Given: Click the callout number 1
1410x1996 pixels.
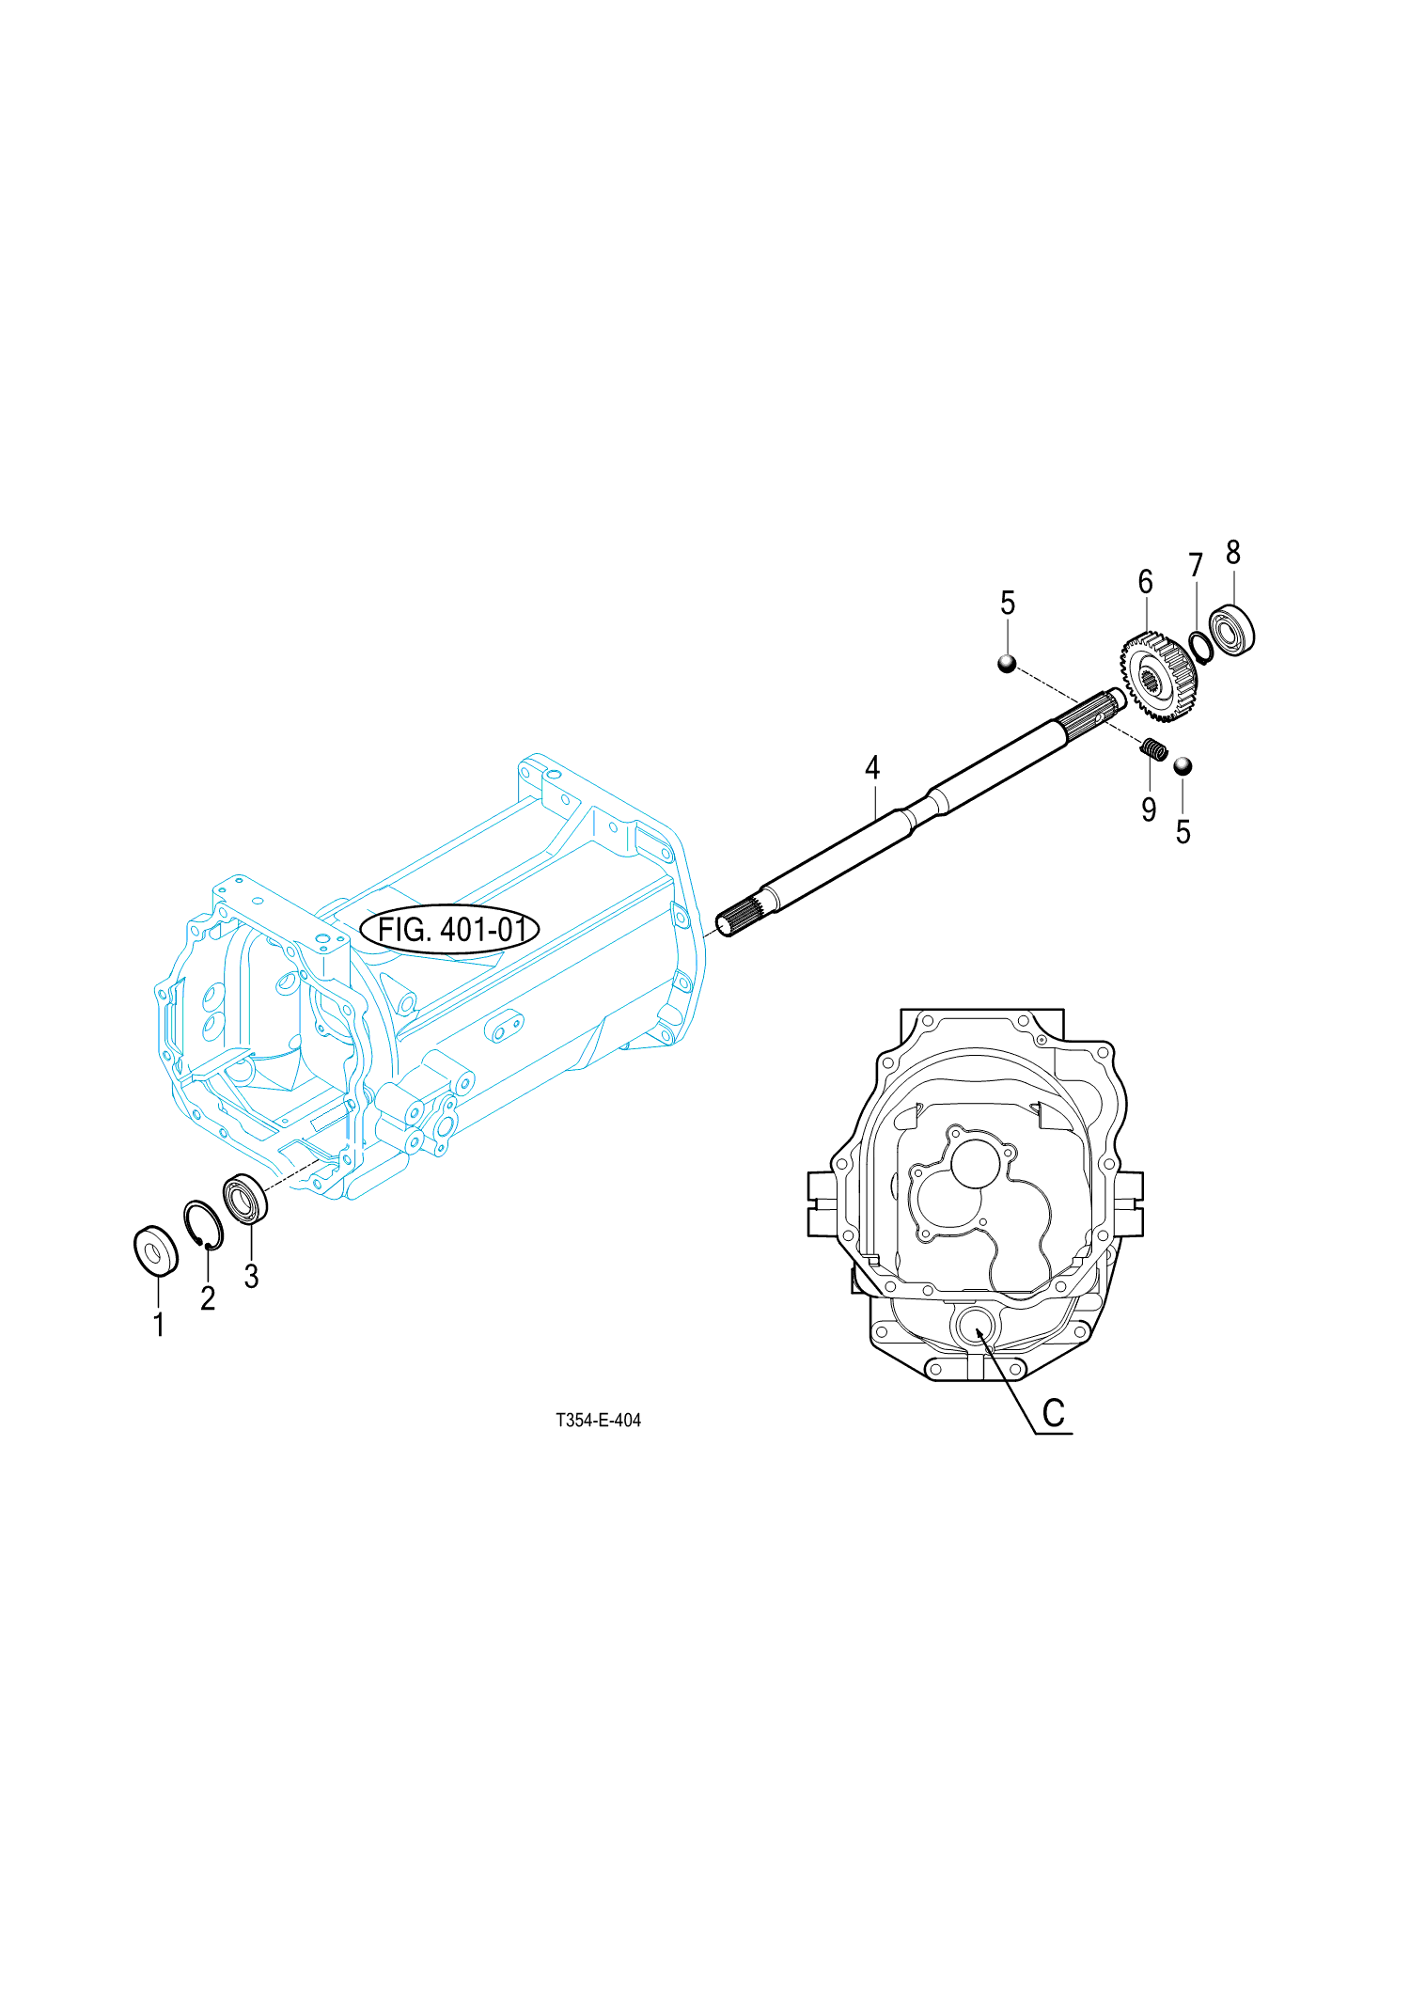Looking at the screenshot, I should point(159,1325).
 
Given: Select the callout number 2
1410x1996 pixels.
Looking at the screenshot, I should point(208,1298).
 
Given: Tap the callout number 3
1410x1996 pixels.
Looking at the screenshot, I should point(251,1276).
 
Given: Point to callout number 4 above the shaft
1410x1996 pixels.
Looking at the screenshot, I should point(872,768).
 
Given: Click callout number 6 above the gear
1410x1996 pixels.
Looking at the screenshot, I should point(1145,582).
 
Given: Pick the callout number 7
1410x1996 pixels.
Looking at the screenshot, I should point(1196,565).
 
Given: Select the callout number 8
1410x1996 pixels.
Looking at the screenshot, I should point(1233,552).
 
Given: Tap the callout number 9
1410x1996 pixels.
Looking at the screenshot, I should point(1149,809).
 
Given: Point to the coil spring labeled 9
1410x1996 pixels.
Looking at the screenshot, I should point(1154,749).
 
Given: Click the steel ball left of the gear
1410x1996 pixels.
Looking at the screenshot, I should point(1007,664).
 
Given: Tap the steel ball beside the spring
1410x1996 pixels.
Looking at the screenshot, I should point(1183,766).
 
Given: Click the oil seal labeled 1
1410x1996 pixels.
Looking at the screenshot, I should point(156,1251).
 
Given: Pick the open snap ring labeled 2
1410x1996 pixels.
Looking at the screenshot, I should point(203,1225).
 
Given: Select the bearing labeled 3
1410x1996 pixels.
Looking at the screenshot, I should point(246,1200).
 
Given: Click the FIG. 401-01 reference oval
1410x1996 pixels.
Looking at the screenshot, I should point(449,930).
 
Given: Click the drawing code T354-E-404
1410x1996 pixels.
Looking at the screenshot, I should point(598,1420).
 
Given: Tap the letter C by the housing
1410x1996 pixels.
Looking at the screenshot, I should point(1054,1413).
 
